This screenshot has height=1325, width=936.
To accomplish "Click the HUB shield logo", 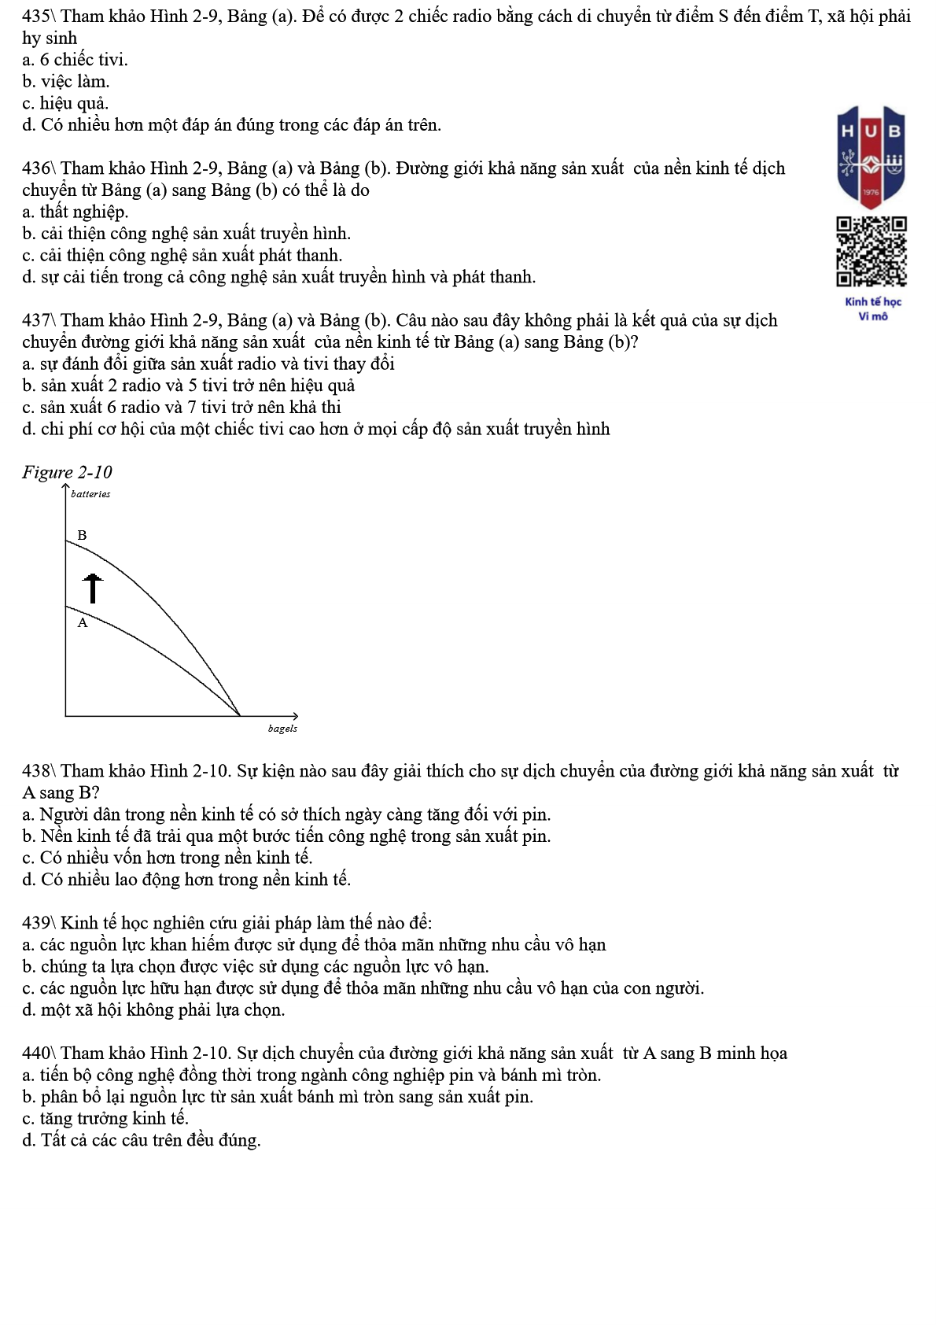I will [x=871, y=157].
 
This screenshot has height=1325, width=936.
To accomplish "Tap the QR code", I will [x=871, y=251].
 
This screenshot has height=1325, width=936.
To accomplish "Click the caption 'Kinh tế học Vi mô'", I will [x=873, y=308].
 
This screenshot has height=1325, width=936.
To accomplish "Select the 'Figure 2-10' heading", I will [x=67, y=472].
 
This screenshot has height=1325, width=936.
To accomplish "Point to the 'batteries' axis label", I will [x=90, y=494].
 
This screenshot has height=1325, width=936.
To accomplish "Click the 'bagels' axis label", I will [x=282, y=729].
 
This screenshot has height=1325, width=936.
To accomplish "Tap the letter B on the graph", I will [x=82, y=536].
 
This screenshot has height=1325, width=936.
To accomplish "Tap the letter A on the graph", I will [x=83, y=623].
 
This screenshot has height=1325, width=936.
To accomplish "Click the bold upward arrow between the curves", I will [x=93, y=588].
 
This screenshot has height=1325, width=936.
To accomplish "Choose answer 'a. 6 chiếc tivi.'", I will [x=75, y=60].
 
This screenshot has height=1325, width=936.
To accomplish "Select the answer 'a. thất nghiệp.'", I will [x=75, y=212].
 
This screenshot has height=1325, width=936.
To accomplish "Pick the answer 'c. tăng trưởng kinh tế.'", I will [x=105, y=1118].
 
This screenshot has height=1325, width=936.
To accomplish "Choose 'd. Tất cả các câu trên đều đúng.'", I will [x=141, y=1140].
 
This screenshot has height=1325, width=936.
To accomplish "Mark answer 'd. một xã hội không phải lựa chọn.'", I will [x=153, y=1009].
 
